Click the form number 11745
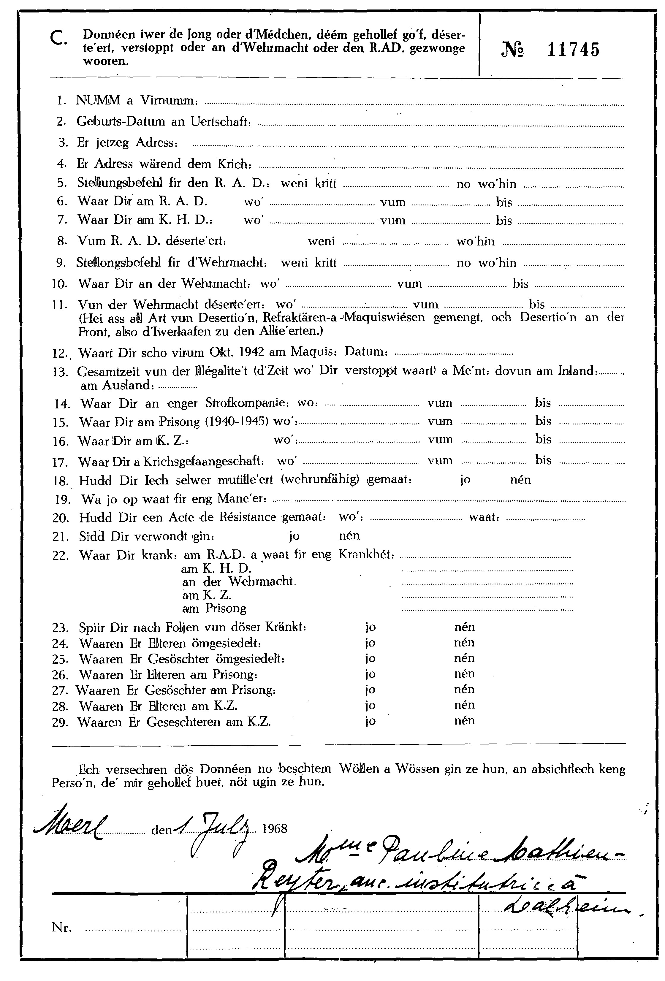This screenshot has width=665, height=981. pyautogui.click(x=573, y=50)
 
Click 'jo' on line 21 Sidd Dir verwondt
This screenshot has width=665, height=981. pyautogui.click(x=294, y=536)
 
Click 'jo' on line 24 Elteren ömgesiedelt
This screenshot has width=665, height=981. pyautogui.click(x=370, y=643)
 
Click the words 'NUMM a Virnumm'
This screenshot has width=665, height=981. pyautogui.click(x=136, y=100)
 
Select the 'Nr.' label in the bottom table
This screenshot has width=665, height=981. pyautogui.click(x=62, y=927)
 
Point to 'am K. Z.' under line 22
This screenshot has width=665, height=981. pyautogui.click(x=206, y=596)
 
